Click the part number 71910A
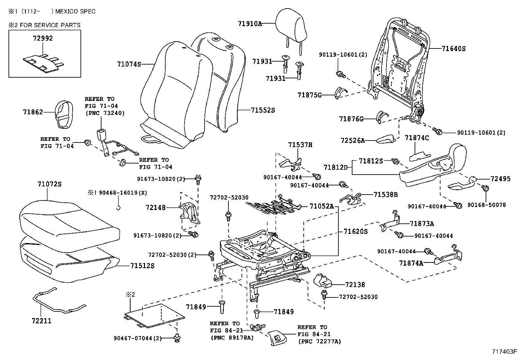pos(250,24)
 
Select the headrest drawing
pos(291,25)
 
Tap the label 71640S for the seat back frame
pos(453,49)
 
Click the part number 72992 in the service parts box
pos(43,38)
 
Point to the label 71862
pos(33,112)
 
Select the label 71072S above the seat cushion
pos(49,184)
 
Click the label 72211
pos(41,321)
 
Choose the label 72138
pos(355,285)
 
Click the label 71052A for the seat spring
pos(321,206)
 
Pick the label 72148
pos(155,207)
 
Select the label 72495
pos(500,179)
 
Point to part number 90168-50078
pos(486,205)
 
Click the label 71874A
pos(411,263)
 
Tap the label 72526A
pos(352,141)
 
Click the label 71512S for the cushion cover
pos(142,265)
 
